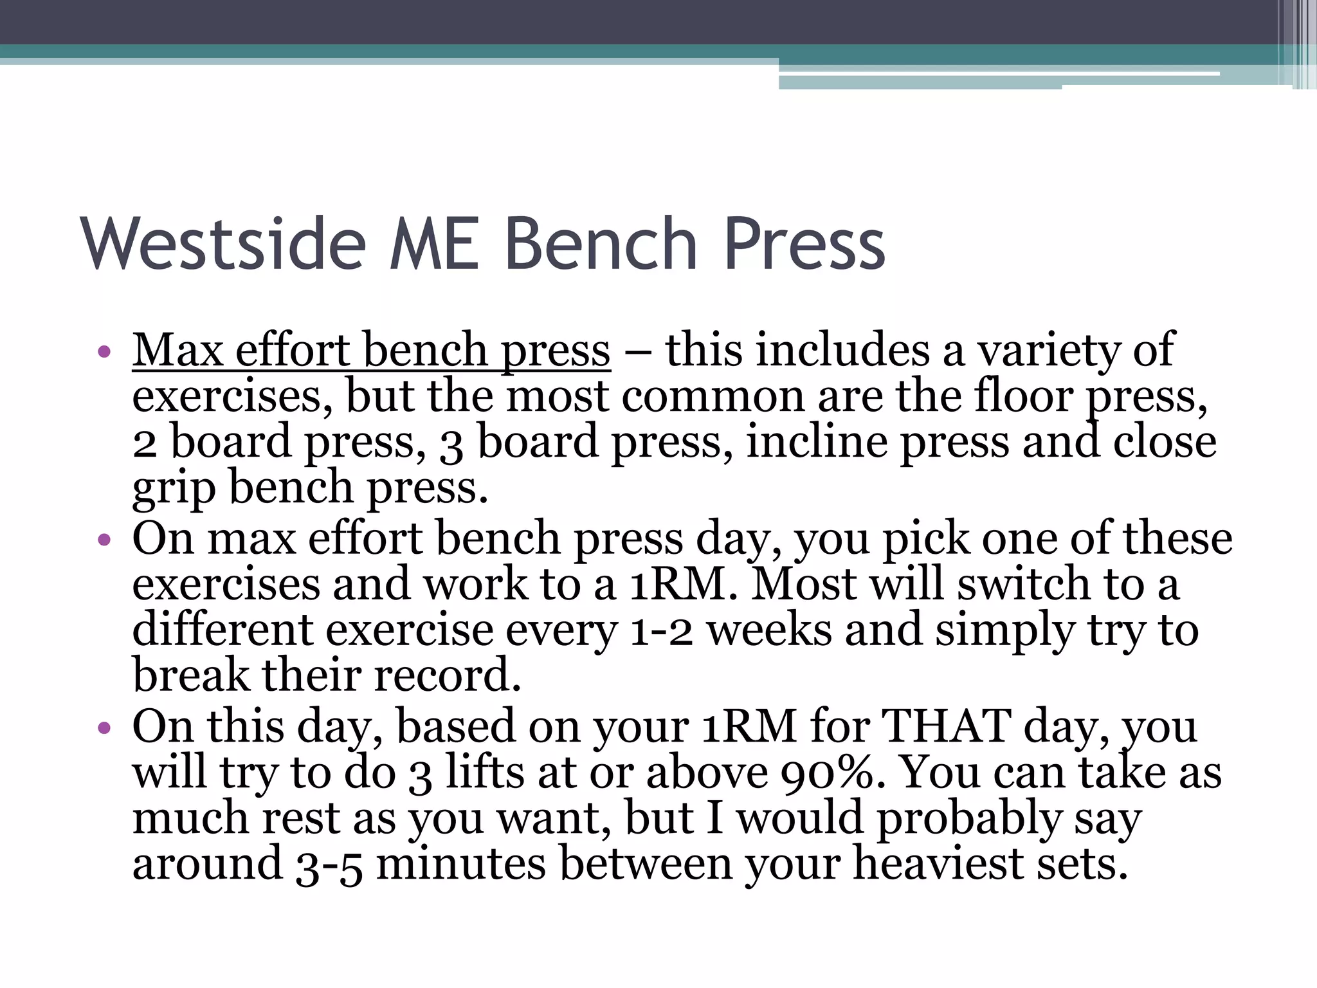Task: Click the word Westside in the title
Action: coord(223,244)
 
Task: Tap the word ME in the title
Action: coord(435,244)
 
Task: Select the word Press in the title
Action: coord(804,244)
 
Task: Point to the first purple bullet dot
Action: coord(104,352)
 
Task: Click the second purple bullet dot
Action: coord(104,539)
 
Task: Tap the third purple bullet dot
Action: coord(104,727)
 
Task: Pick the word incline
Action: coord(817,442)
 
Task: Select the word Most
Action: coord(804,584)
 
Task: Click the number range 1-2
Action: coord(661,630)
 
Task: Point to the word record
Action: coord(448,675)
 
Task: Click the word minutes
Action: coord(461,864)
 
